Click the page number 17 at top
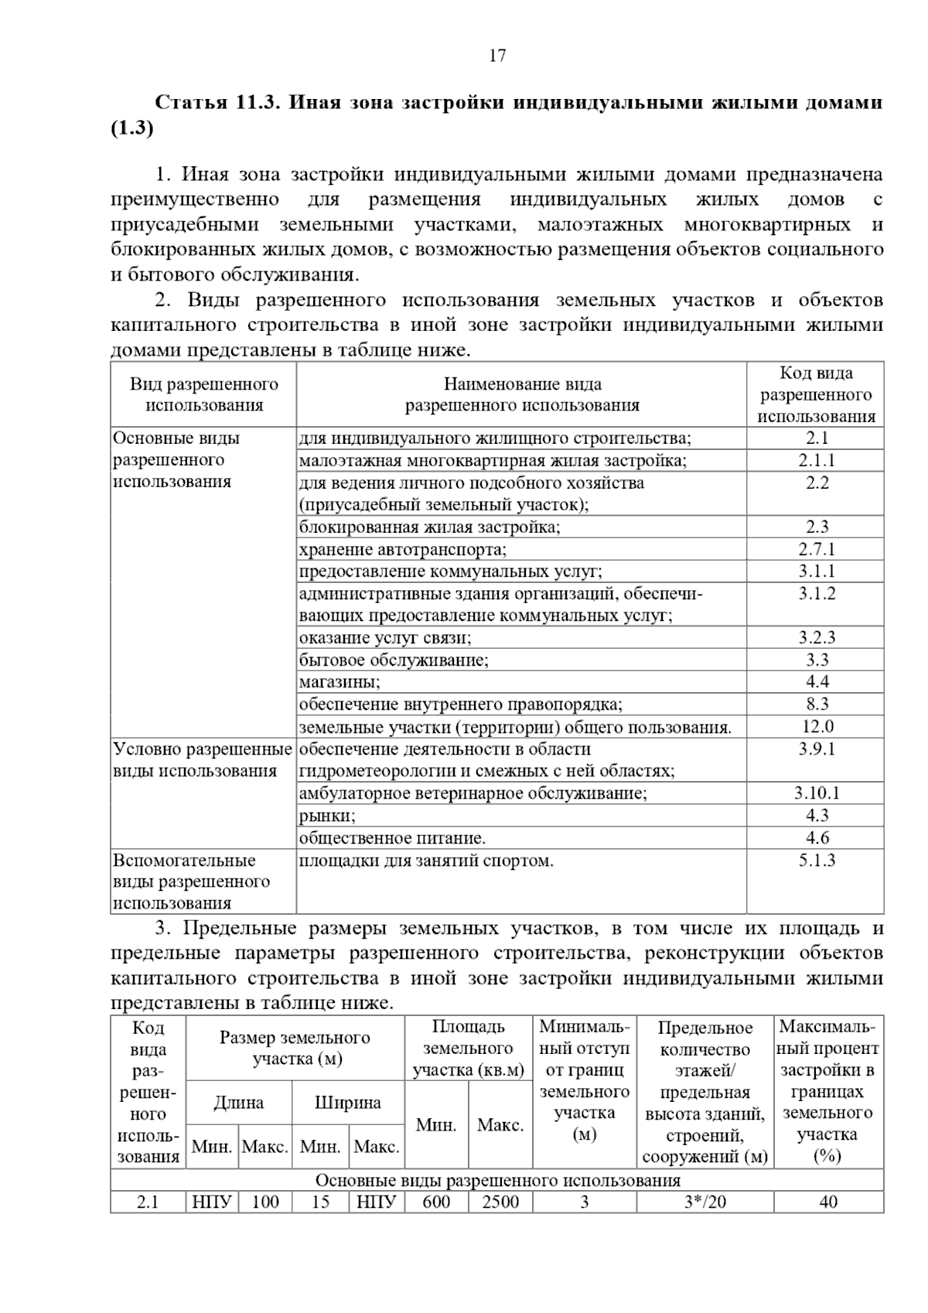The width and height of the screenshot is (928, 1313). pyautogui.click(x=497, y=56)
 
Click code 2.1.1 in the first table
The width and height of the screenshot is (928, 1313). pyautogui.click(x=817, y=461)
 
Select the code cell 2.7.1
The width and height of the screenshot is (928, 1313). pyautogui.click(x=817, y=550)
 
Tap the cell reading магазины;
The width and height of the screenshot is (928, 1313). pyautogui.click(x=339, y=682)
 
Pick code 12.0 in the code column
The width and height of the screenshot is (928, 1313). pyautogui.click(x=817, y=727)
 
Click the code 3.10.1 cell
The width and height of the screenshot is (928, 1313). pyautogui.click(x=817, y=793)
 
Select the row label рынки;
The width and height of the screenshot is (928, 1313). pyautogui.click(x=327, y=816)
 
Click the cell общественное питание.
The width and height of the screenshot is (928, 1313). pyautogui.click(x=392, y=838)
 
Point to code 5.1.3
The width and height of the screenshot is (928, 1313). pyautogui.click(x=817, y=861)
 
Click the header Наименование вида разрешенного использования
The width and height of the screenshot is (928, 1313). pyautogui.click(x=522, y=394)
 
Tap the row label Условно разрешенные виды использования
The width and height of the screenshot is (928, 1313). pyautogui.click(x=203, y=760)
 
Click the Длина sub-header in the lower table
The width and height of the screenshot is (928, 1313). pyautogui.click(x=238, y=1103)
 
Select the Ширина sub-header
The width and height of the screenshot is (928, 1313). pyautogui.click(x=348, y=1103)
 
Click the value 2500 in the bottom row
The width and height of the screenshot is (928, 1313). pyautogui.click(x=500, y=1202)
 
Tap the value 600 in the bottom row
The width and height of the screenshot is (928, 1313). pyautogui.click(x=436, y=1202)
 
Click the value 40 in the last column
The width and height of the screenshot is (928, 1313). pyautogui.click(x=828, y=1202)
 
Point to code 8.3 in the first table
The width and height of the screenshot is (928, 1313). pyautogui.click(x=817, y=704)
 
